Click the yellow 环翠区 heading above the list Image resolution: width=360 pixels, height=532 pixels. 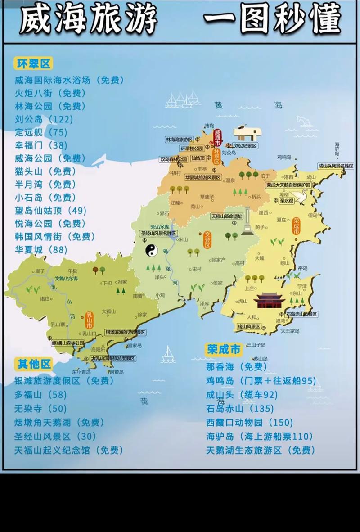(x=33, y=63)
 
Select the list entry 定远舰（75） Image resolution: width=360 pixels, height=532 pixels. (x=41, y=132)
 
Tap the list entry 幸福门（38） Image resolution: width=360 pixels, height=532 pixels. (x=41, y=145)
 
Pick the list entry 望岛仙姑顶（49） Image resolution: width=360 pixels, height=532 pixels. (x=50, y=210)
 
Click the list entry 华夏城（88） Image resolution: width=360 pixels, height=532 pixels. (x=41, y=249)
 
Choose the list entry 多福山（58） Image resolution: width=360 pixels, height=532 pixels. (x=40, y=395)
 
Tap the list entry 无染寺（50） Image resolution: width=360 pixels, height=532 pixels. (x=40, y=409)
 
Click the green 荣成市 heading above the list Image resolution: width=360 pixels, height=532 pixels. (x=224, y=349)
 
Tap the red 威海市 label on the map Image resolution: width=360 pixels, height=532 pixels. (x=218, y=137)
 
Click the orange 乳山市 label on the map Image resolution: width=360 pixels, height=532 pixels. (x=90, y=319)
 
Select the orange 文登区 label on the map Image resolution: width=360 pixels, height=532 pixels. (x=208, y=240)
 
